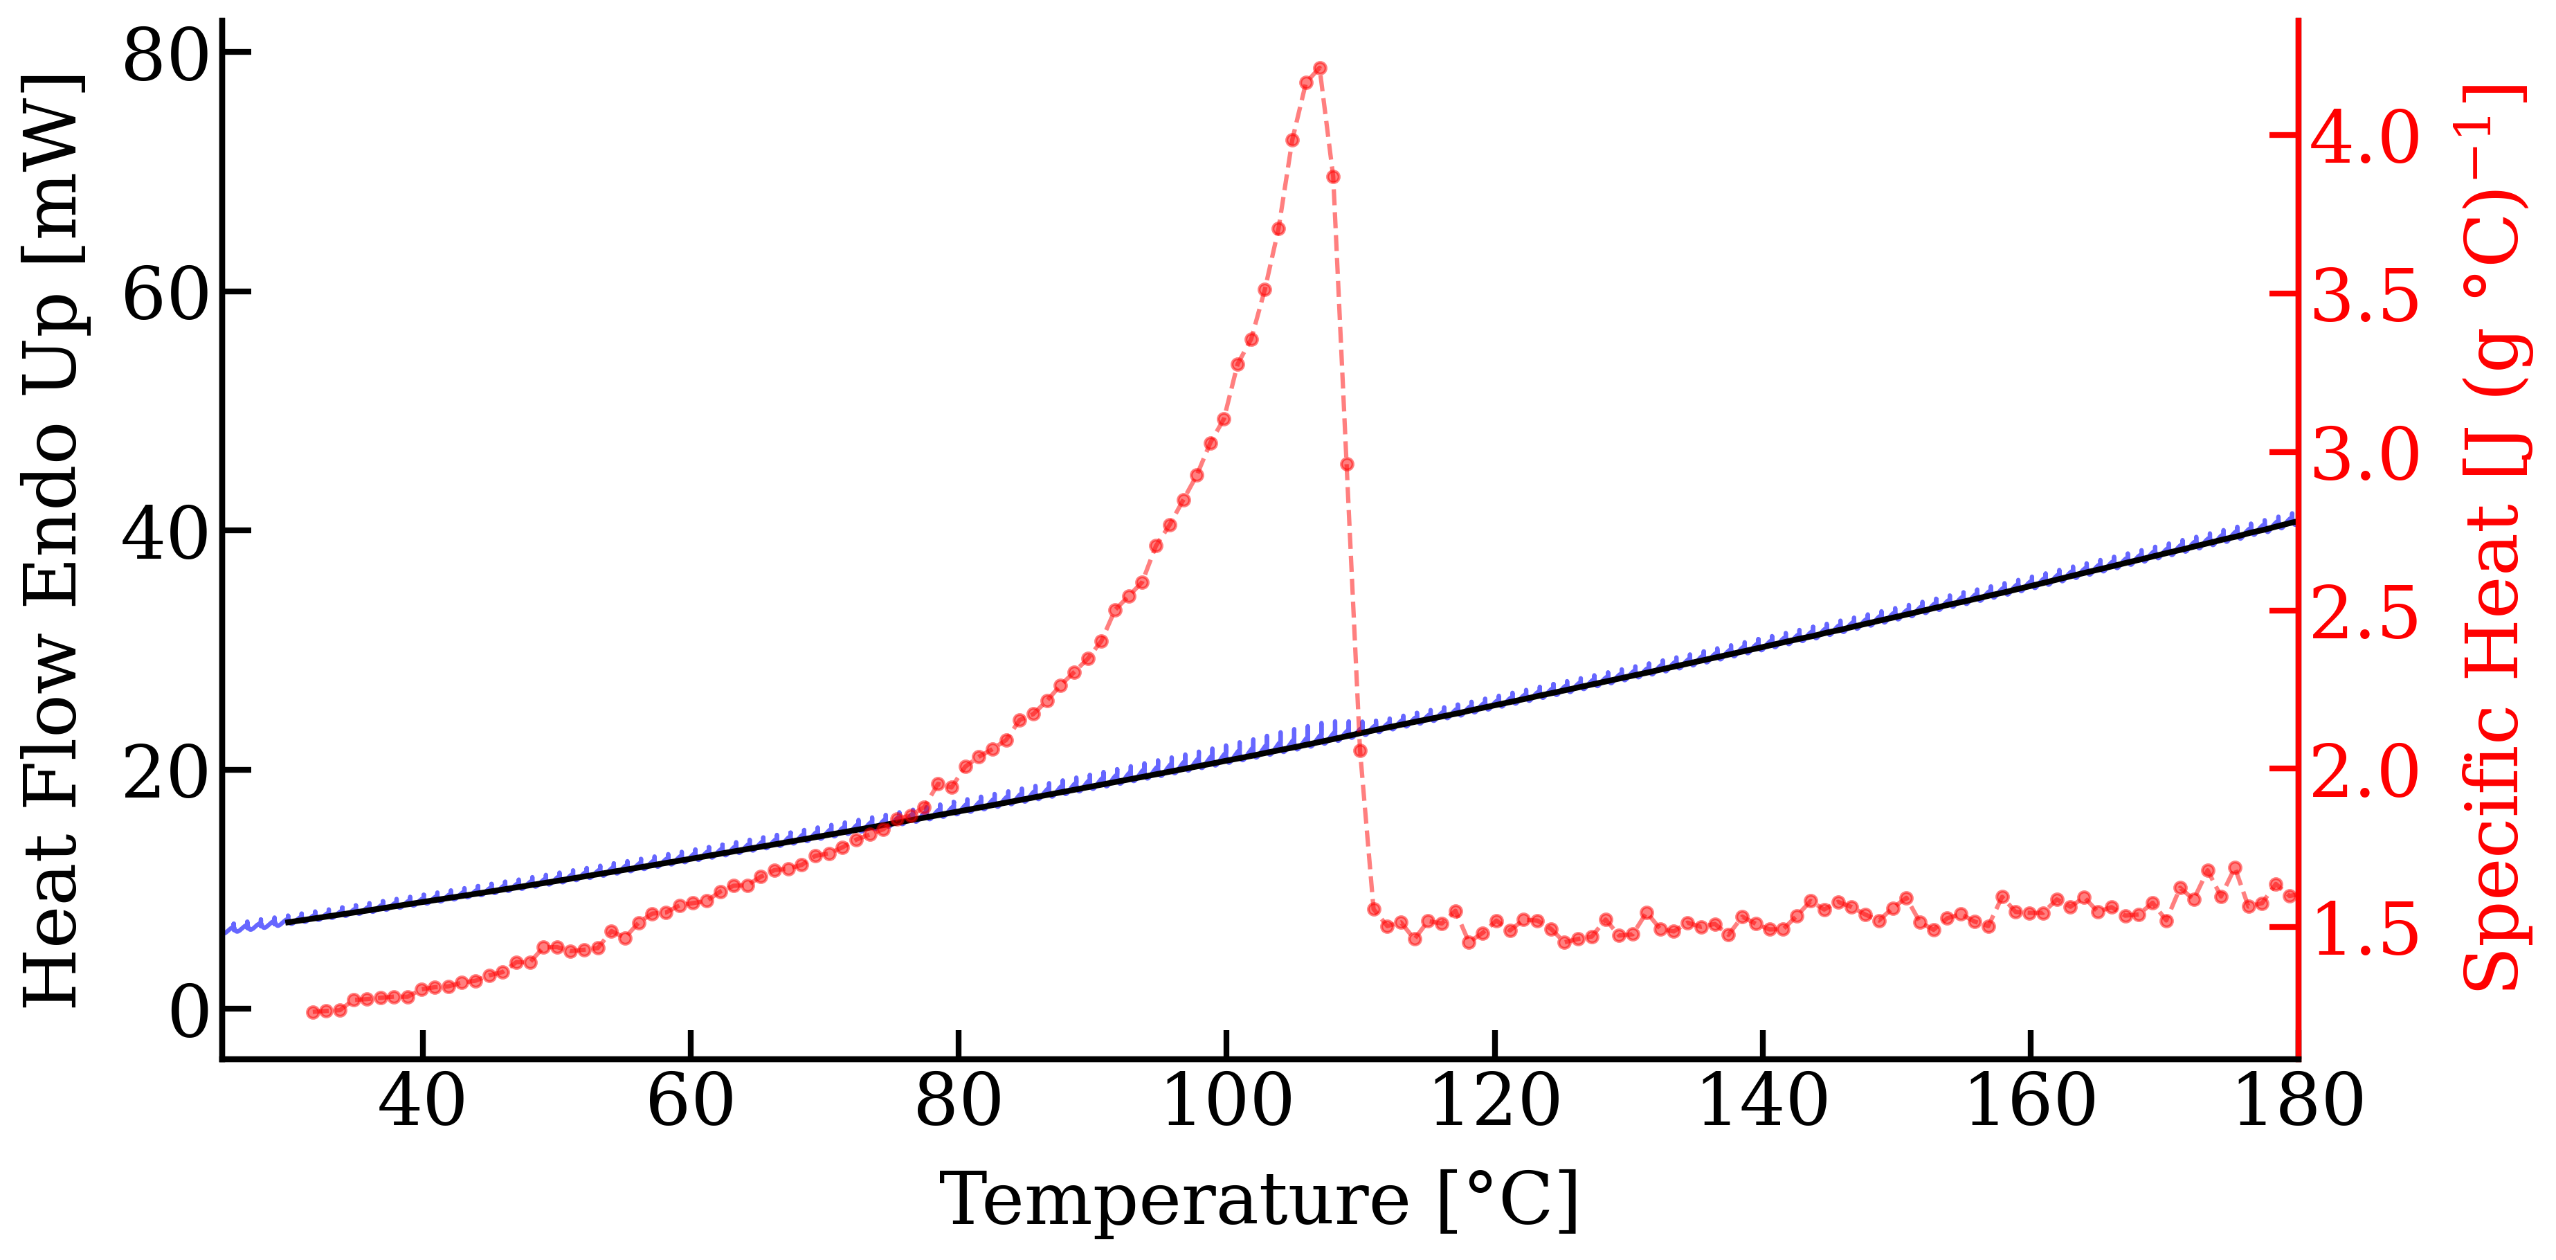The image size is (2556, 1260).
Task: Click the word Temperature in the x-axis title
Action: pyautogui.click(x=1173, y=1200)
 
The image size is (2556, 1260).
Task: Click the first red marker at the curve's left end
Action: pyautogui.click(x=314, y=1012)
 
